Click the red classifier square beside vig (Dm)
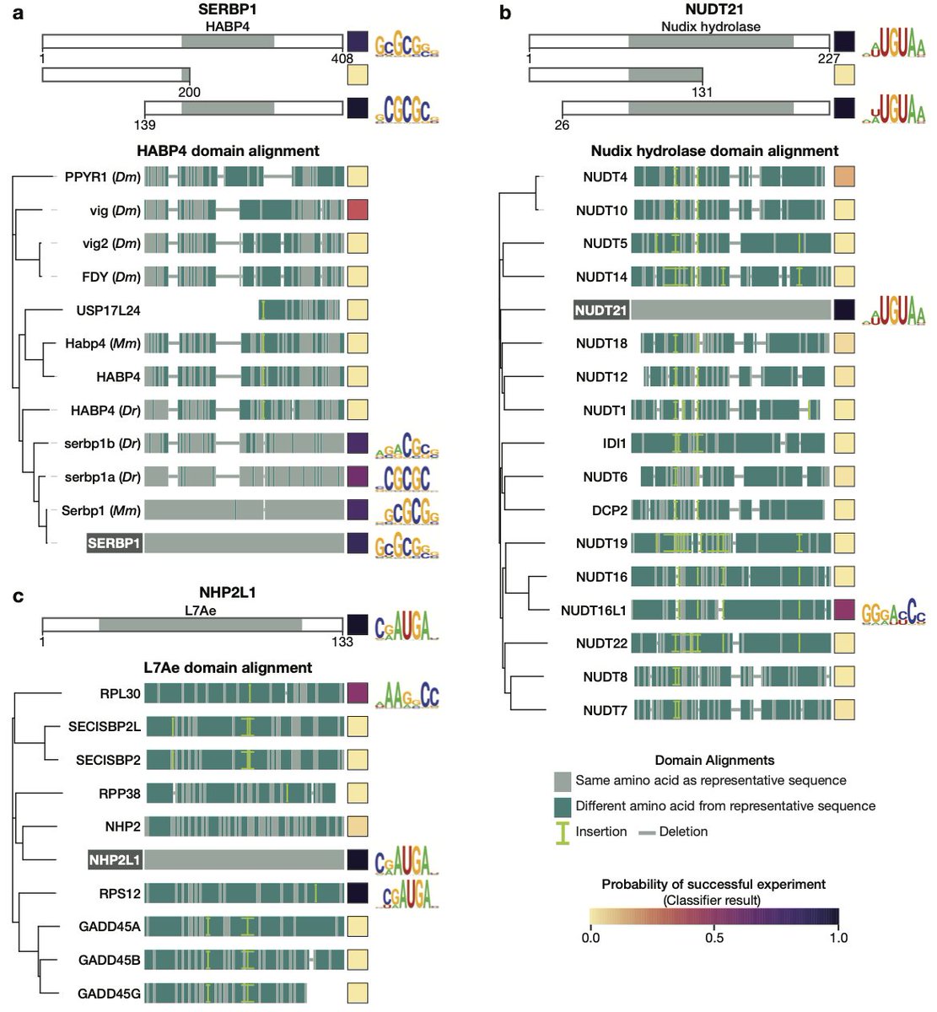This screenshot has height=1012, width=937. [x=358, y=210]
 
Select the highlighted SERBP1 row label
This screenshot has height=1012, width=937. [x=114, y=543]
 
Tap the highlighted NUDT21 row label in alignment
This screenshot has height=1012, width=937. [x=600, y=310]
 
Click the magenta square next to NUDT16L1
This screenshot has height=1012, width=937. [x=844, y=610]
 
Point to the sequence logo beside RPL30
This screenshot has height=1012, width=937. [x=408, y=694]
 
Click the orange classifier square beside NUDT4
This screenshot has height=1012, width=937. [x=844, y=177]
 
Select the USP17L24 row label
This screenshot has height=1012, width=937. [x=108, y=310]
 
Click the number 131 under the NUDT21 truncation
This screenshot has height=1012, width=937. [x=702, y=92]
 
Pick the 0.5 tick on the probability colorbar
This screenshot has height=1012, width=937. [x=714, y=938]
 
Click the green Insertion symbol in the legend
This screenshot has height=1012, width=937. [x=562, y=832]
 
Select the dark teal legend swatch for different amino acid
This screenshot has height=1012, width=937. [x=562, y=805]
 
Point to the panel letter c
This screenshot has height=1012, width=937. [x=18, y=597]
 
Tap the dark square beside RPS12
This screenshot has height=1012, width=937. [x=358, y=893]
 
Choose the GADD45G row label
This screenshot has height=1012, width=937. [x=109, y=993]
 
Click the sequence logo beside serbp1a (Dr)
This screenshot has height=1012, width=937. [x=407, y=477]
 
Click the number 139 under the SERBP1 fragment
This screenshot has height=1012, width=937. [x=145, y=125]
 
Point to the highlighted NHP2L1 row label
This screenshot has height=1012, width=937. [x=115, y=860]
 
